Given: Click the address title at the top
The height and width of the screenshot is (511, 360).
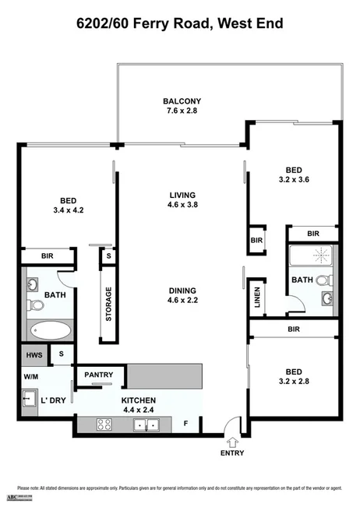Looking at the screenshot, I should click(x=179, y=24).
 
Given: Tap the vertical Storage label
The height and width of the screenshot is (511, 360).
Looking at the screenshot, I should click(x=108, y=305).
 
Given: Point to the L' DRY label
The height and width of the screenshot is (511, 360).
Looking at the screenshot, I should click(x=52, y=402).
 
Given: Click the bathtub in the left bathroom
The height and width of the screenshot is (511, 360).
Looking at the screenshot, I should click(x=49, y=330).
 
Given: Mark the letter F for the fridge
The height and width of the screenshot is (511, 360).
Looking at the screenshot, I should click(x=185, y=425).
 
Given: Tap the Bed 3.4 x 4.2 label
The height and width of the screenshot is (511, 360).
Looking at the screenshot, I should click(x=67, y=204).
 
